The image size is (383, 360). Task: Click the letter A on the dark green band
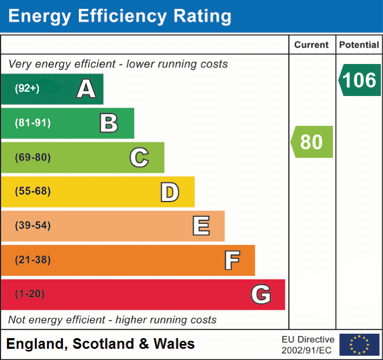(86, 89)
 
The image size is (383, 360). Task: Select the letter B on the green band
(109, 123)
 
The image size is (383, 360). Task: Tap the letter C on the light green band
(139, 157)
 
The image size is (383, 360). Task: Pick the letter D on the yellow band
(169, 191)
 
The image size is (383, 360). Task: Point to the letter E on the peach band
(201, 226)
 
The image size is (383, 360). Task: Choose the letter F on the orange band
(232, 260)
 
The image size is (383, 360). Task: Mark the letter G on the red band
(261, 294)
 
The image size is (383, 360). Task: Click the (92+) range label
(27, 89)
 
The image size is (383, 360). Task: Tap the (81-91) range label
(33, 123)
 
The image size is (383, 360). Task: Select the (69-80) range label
(33, 157)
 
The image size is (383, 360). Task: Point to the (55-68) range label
(33, 191)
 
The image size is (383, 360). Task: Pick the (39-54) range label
(33, 226)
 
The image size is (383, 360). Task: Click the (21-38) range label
(33, 260)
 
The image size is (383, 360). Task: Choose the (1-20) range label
(30, 294)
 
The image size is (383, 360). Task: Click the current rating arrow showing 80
(312, 142)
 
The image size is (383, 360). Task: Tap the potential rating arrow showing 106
(360, 80)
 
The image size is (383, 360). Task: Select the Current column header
(312, 45)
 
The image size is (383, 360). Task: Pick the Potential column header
(359, 45)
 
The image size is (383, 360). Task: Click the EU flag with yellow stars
(359, 345)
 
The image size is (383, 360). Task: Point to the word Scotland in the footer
(104, 344)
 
